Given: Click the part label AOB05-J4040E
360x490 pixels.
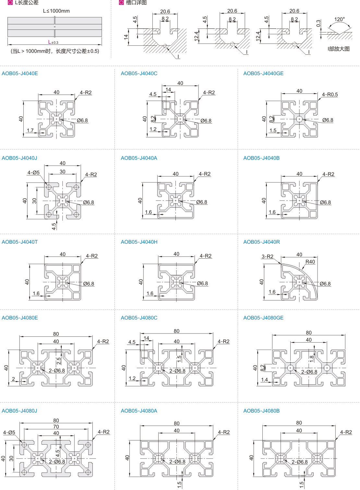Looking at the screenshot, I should tap(20, 74).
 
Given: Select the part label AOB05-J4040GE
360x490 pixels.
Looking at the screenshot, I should tap(263, 74).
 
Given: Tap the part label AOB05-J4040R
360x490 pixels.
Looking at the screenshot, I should tap(261, 242).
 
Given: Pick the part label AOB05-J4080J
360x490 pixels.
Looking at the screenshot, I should tap(19, 411).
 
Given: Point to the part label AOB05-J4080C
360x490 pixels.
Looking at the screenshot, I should tap(139, 318).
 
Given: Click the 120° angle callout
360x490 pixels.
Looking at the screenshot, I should tap(340, 19).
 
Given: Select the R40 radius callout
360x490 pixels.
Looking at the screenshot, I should tap(310, 262).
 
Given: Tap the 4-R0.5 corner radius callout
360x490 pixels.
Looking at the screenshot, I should tap(330, 95).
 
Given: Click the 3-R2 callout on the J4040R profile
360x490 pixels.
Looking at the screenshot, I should tap(268, 257).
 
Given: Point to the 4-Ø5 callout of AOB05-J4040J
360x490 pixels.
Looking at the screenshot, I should tap(33, 173).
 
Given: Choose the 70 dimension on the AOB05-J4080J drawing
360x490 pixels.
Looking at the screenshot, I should tap(56, 427).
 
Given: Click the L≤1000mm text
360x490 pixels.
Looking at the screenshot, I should tap(56, 11).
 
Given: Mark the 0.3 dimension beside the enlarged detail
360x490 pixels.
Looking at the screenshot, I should tap(318, 23).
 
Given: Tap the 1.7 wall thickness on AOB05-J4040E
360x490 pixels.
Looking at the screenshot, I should tap(30, 131).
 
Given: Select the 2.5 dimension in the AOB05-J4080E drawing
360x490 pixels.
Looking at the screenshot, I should tap(59, 361).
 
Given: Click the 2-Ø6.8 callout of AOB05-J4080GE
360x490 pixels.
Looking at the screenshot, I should tap(309, 372).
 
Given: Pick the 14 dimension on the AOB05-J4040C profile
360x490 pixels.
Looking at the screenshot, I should tap(168, 90).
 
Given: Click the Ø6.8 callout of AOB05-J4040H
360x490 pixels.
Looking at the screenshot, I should tap(202, 284).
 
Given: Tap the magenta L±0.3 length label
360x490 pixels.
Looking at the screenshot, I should tap(53, 42).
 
